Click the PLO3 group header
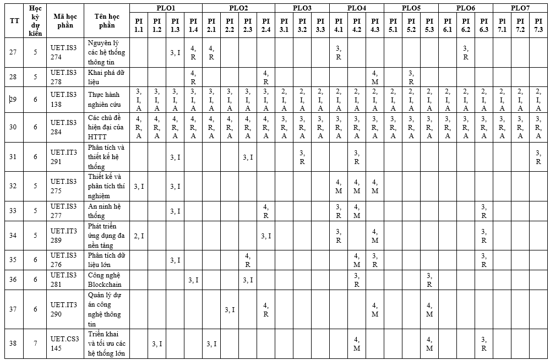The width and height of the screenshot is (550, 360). [302, 8]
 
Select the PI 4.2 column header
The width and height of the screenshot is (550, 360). [357, 25]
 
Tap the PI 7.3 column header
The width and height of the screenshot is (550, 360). [538, 25]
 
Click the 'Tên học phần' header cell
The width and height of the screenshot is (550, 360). [107, 21]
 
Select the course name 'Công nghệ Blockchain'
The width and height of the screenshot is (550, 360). [105, 280]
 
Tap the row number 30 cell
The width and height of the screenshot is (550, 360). [13, 127]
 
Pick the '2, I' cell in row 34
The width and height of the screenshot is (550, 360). [139, 236]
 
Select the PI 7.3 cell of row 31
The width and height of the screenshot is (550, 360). [538, 157]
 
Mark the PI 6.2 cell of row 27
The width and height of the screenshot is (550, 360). [466, 53]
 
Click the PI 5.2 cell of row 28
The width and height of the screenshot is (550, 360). [411, 77]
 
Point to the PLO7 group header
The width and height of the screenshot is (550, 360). [520, 8]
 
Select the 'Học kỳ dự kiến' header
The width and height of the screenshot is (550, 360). [35, 21]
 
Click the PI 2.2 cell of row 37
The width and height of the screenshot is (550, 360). [230, 309]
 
